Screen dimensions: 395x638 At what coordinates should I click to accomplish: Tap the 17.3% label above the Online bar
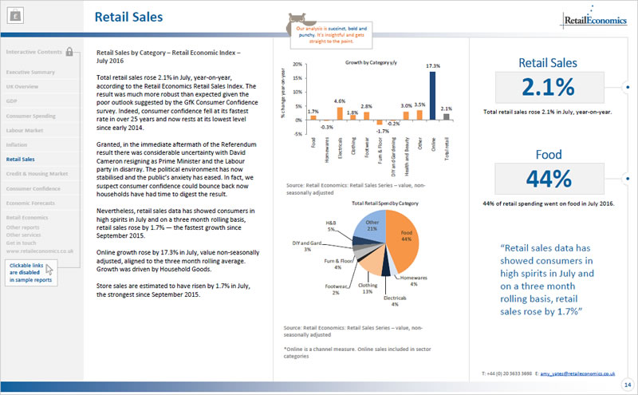(x=432, y=65)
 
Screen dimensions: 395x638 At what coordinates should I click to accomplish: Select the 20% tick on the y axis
(x=298, y=63)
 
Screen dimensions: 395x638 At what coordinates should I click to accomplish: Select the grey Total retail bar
(x=446, y=116)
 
